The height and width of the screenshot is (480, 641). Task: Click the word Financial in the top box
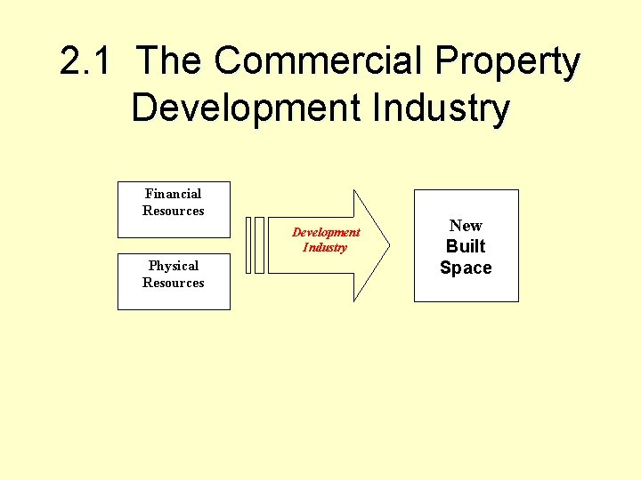pyautogui.click(x=174, y=194)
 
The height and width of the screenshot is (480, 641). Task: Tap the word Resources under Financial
pyautogui.click(x=174, y=211)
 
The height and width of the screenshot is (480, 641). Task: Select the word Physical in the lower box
pyautogui.click(x=174, y=266)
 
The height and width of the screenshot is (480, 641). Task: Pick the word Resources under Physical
pyautogui.click(x=174, y=283)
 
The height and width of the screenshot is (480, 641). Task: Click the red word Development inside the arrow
pyautogui.click(x=326, y=232)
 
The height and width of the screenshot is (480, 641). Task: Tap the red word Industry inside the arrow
pyautogui.click(x=325, y=247)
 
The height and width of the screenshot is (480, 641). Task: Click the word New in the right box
pyautogui.click(x=466, y=226)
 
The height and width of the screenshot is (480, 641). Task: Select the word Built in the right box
pyautogui.click(x=466, y=246)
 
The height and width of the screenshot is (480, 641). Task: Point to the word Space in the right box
pyautogui.click(x=466, y=268)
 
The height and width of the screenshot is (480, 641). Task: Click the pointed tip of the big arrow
pyautogui.click(x=387, y=244)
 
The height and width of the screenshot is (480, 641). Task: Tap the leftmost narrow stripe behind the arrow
pyautogui.click(x=248, y=244)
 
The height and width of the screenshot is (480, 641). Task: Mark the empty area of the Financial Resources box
pyautogui.click(x=174, y=227)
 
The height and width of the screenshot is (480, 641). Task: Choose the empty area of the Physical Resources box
pyautogui.click(x=174, y=300)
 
